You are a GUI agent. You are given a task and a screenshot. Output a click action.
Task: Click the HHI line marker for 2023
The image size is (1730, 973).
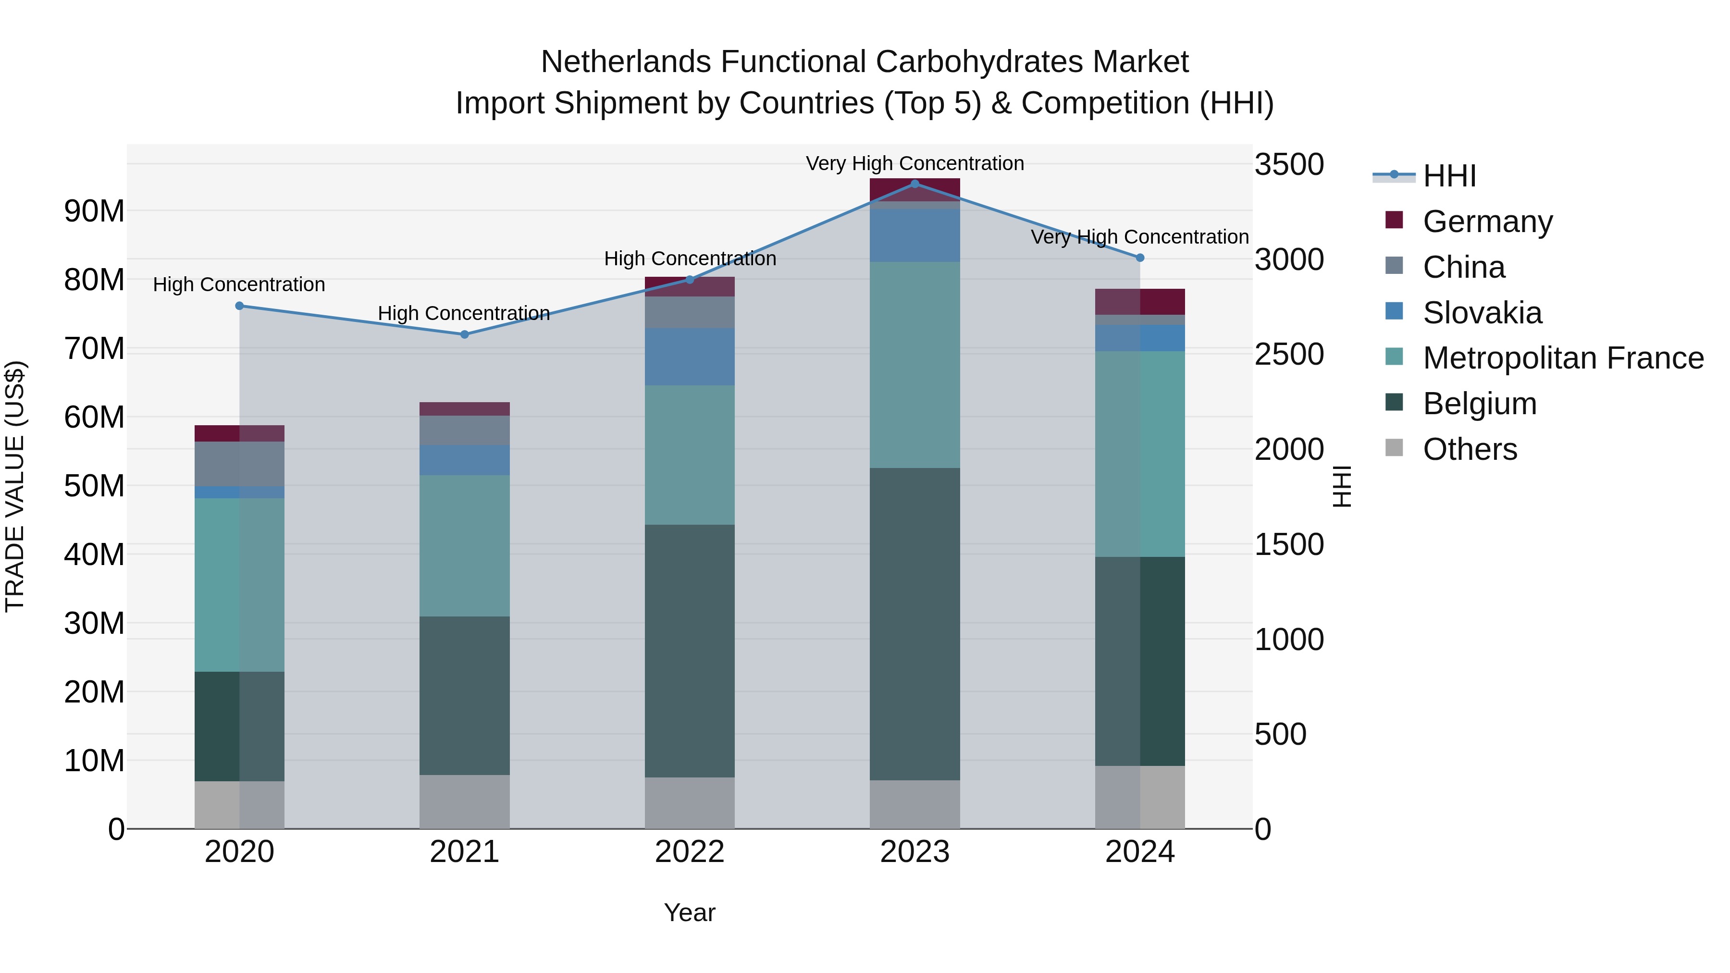(914, 184)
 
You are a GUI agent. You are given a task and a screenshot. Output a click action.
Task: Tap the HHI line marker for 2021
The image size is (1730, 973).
(464, 334)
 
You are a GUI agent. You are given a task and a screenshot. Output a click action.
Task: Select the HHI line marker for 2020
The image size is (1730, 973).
(239, 306)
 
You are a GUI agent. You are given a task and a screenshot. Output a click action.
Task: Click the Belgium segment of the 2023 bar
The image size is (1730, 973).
(914, 625)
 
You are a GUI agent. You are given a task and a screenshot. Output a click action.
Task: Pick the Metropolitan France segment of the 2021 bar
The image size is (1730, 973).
(464, 546)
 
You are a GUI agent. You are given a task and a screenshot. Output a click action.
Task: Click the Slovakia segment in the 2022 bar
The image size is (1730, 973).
(689, 357)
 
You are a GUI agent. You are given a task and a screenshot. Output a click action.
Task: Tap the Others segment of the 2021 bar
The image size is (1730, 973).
(464, 802)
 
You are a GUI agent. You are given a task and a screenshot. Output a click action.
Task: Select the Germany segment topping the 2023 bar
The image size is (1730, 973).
(914, 190)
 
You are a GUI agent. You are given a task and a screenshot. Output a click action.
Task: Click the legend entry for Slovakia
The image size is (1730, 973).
(1482, 313)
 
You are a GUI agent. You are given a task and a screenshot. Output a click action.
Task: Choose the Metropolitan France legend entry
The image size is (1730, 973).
(1562, 358)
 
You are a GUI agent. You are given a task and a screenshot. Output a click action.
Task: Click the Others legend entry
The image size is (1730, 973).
(1470, 449)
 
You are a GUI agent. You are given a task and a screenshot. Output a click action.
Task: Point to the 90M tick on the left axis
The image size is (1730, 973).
(94, 211)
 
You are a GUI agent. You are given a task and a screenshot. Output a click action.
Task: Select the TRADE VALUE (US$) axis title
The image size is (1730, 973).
(15, 486)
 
